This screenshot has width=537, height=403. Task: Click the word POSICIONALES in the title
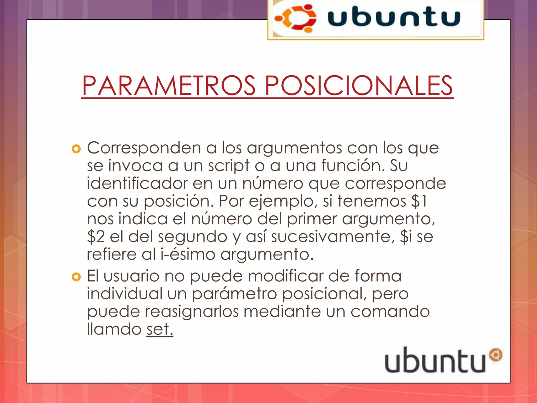(x=359, y=86)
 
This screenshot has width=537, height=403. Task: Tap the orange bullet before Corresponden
(x=76, y=149)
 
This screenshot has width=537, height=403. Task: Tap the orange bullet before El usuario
(x=76, y=277)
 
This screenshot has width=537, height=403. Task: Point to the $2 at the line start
(x=96, y=237)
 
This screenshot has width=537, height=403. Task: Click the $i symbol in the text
(x=406, y=237)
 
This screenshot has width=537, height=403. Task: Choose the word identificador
(x=137, y=183)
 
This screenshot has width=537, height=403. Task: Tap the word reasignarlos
(x=192, y=311)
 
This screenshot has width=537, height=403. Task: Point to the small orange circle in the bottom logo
(x=495, y=355)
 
